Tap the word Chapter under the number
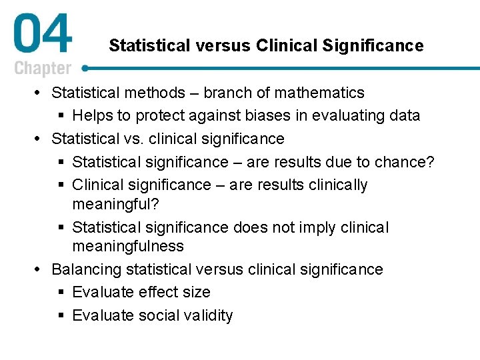coord(42,68)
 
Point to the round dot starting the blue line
coord(85,68)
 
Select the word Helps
coord(92,115)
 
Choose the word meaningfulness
coord(127,246)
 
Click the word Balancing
coord(86,269)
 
